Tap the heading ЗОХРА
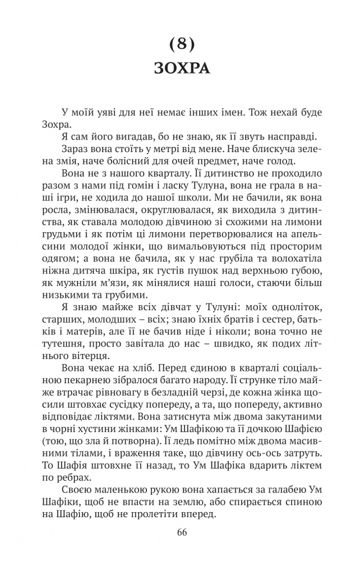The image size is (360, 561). [180, 69]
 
